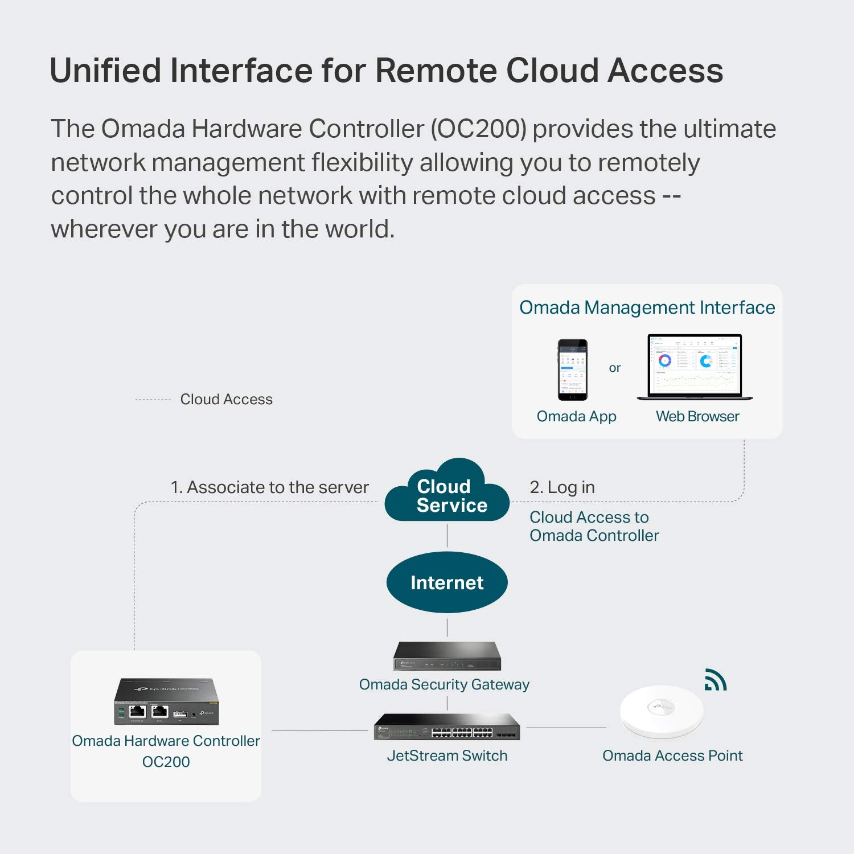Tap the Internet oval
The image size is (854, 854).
point(447,582)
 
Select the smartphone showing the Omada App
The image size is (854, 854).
point(572,369)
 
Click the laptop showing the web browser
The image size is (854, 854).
point(695,367)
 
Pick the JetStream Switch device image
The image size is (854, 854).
point(447,727)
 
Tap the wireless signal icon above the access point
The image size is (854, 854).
point(716,680)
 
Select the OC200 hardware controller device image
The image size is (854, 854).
point(166,701)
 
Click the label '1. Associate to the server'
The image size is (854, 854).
point(269,487)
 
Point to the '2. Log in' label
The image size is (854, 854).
point(562,487)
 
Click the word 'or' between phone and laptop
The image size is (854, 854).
point(615,368)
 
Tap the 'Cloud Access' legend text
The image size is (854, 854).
point(226,400)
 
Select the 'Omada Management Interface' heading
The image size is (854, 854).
point(647,307)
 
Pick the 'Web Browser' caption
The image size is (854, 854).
point(697,416)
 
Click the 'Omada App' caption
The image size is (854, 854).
point(576,416)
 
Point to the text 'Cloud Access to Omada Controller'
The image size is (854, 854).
point(594,526)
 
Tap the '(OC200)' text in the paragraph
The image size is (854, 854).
point(478,129)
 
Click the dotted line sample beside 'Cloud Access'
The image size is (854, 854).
point(153,400)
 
